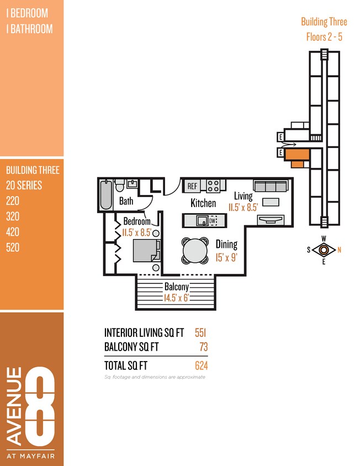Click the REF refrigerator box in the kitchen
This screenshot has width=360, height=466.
coord(192,186)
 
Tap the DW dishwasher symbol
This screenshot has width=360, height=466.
coord(212,221)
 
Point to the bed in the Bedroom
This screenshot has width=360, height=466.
coord(146,251)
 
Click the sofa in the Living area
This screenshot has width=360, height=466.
coord(269,186)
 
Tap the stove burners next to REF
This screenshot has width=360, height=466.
coord(213,186)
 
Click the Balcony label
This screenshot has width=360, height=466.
coord(176,287)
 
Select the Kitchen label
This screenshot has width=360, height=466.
coord(203,203)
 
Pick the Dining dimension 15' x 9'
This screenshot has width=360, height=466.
coord(226,256)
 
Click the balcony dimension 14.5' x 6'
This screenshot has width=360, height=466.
coord(177,298)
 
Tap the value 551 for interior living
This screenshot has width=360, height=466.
coord(200,332)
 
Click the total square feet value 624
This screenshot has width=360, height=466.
coord(201,366)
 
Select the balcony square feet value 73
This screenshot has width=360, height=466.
coord(204,347)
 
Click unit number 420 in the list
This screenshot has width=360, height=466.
coord(13,232)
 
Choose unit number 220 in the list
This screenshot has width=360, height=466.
coord(13,201)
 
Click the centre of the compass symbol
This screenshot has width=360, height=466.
coord(324,250)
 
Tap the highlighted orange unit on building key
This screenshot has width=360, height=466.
coord(297,157)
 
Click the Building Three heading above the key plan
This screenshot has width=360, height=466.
coord(324,22)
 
